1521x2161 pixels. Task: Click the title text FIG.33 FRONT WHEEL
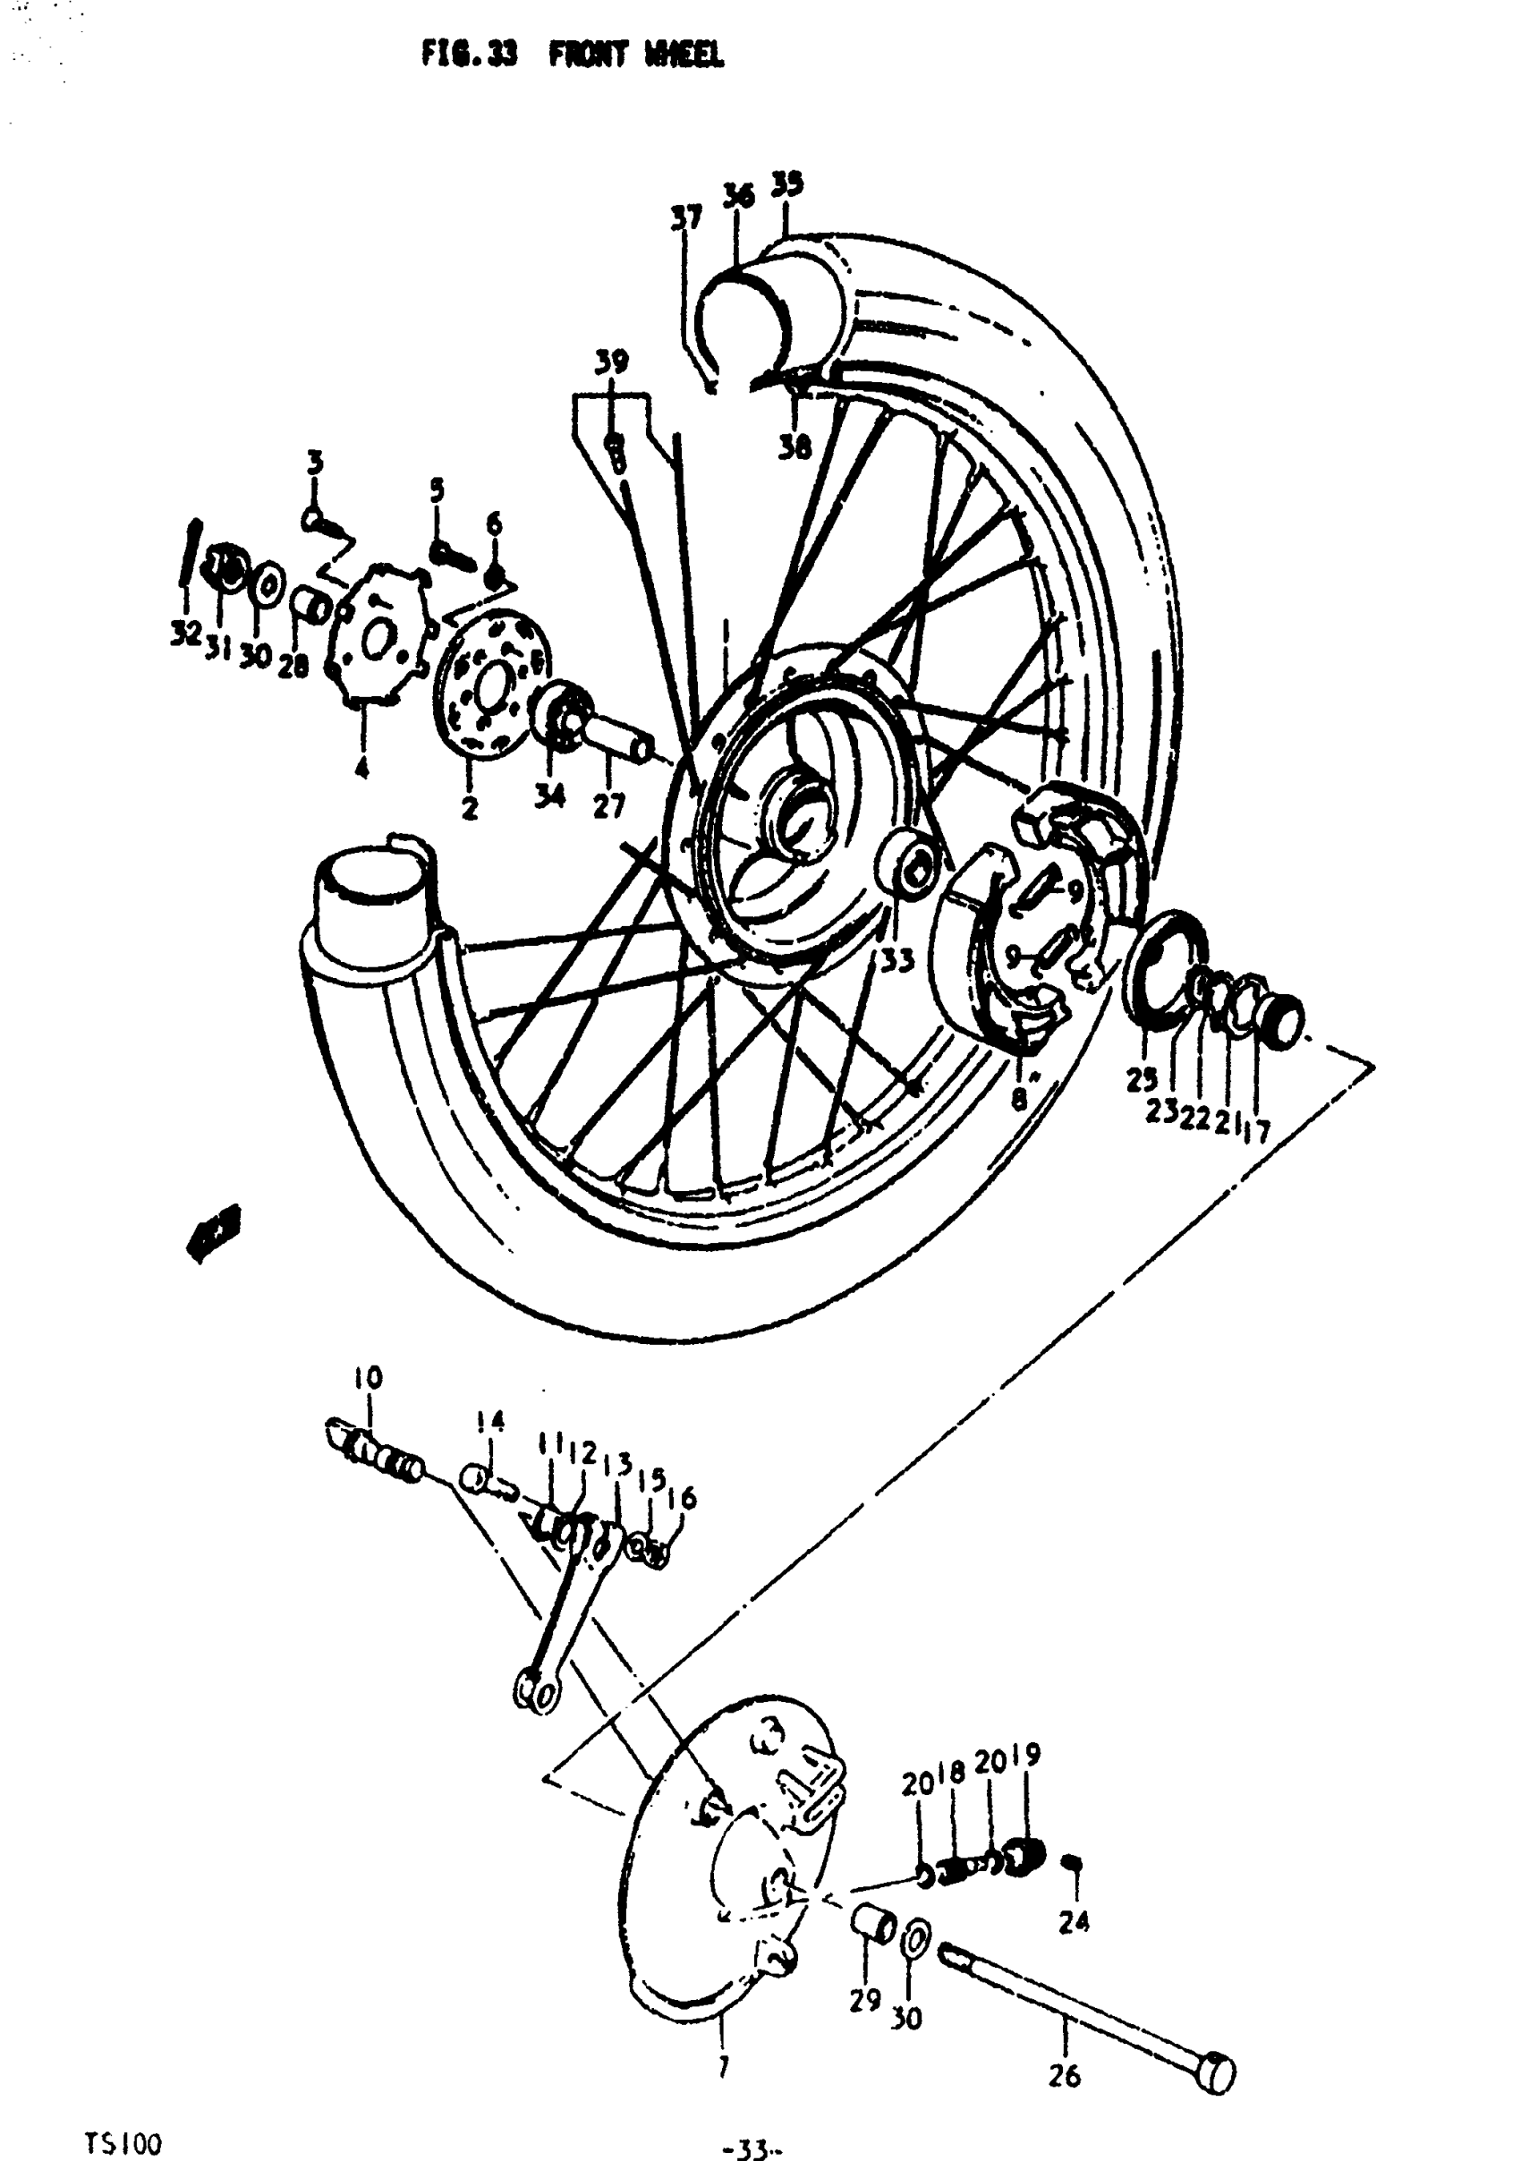coord(573,55)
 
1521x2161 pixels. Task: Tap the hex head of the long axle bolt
coord(1218,2068)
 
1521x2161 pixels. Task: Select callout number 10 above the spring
coord(368,1379)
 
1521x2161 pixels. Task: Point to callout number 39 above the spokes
coord(612,362)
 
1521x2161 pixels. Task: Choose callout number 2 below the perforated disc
coord(469,807)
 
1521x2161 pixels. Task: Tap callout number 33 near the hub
coord(897,961)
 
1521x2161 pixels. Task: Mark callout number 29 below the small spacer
coord(864,1999)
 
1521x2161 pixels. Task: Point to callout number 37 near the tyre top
coord(686,218)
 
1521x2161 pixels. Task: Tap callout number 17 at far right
coord(1256,1128)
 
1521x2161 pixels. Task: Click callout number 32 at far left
coord(185,634)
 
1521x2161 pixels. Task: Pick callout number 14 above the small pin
coord(490,1422)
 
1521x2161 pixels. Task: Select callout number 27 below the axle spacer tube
coord(608,806)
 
